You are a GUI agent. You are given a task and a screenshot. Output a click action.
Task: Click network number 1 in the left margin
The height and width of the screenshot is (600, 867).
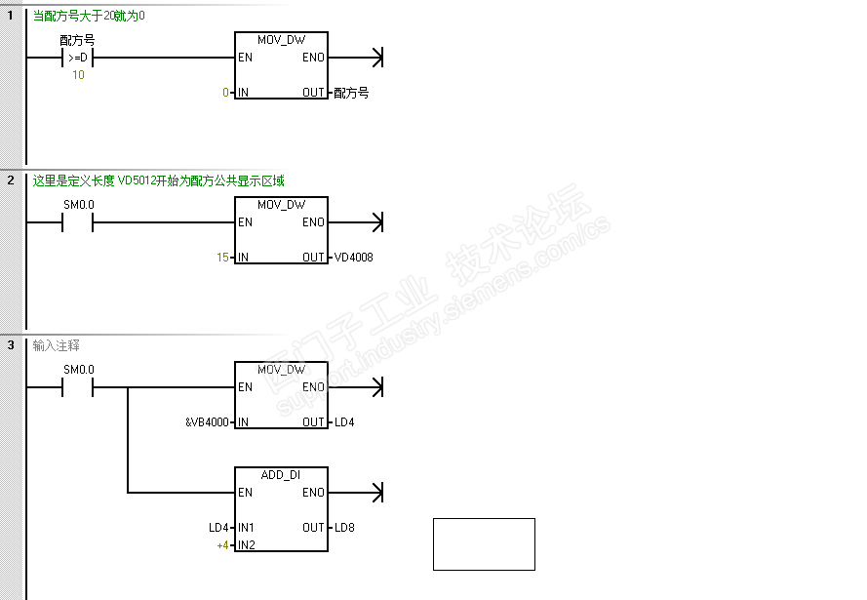(11, 15)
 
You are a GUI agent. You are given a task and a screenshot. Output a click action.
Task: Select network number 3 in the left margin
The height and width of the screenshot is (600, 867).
(11, 345)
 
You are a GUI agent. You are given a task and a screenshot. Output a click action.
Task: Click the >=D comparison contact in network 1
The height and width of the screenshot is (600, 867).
(77, 58)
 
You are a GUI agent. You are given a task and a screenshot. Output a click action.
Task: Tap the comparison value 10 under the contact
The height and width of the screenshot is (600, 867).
(78, 75)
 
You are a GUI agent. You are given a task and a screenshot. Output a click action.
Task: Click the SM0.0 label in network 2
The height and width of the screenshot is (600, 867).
(79, 205)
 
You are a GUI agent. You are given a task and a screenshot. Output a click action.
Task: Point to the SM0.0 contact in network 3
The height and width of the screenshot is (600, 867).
(77, 387)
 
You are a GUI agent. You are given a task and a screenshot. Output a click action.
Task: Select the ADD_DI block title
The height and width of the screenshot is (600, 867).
(281, 475)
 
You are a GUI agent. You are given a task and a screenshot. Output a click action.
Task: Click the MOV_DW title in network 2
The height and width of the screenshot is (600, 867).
(281, 205)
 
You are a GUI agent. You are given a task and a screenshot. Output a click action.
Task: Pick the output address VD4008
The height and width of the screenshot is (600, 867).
(353, 258)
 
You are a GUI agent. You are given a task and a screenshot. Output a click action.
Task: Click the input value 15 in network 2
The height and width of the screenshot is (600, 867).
(223, 258)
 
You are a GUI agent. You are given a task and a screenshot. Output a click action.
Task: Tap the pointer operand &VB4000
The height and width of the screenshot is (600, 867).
(207, 422)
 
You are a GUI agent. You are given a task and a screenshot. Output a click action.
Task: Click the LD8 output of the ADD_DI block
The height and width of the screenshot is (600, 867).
(344, 528)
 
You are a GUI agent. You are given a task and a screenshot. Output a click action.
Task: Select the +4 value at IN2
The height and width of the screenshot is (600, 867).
(222, 544)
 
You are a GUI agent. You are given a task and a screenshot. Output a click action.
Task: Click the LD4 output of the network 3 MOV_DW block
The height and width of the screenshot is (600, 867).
(344, 422)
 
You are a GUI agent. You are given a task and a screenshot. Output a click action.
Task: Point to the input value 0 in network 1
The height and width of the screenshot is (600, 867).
(225, 93)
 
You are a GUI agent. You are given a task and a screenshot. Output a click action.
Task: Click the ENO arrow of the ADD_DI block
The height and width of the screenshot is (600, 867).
(376, 493)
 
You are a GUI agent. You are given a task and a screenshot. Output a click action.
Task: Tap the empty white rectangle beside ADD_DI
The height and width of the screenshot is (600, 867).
(484, 543)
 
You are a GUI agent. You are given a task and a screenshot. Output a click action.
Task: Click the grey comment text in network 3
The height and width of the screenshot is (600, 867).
(57, 345)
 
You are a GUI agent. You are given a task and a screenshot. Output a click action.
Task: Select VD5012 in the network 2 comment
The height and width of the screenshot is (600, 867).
(138, 180)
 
